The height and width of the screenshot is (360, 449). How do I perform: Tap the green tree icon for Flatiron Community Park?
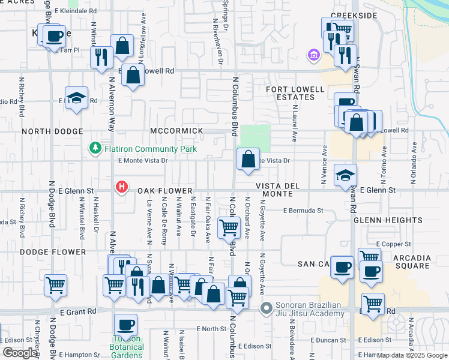point(94,148)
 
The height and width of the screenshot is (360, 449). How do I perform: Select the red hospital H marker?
point(122,187)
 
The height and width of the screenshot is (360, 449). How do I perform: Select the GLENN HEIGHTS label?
point(381,220)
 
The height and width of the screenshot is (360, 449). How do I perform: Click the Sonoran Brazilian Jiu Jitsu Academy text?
point(310,308)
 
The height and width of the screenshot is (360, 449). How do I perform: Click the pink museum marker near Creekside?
point(312,56)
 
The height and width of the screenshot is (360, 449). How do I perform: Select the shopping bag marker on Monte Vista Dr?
point(248,160)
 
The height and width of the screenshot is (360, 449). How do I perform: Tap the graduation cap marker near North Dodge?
point(77,99)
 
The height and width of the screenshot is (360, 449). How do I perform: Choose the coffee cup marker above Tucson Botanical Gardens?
point(126,325)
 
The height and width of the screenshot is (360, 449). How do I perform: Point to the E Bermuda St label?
point(303,211)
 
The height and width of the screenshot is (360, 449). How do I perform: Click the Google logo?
point(20,353)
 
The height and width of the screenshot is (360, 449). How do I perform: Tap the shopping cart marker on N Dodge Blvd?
point(56,286)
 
